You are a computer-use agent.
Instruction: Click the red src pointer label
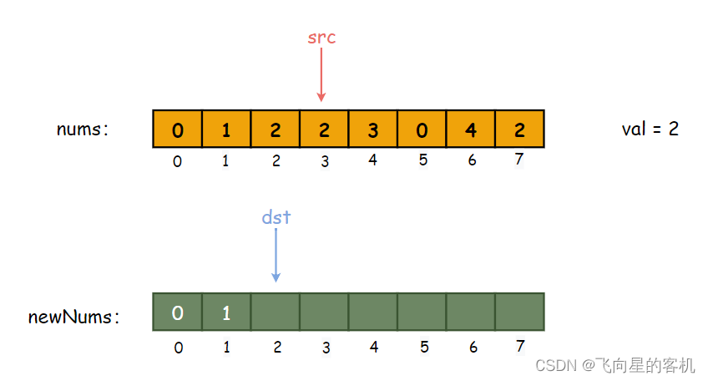pyautogui.click(x=321, y=38)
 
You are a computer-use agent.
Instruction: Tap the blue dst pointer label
pyautogui.click(x=276, y=217)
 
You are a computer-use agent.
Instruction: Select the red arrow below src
pyautogui.click(x=321, y=74)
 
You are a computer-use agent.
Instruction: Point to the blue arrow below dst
pyautogui.click(x=276, y=256)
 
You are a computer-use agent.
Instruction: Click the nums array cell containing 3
pyautogui.click(x=373, y=129)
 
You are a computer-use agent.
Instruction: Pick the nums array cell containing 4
pyautogui.click(x=471, y=129)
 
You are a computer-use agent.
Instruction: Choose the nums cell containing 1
pyautogui.click(x=226, y=129)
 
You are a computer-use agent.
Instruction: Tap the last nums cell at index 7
pyautogui.click(x=519, y=129)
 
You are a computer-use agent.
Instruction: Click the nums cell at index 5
pyautogui.click(x=422, y=129)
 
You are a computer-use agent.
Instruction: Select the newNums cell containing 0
pyautogui.click(x=178, y=312)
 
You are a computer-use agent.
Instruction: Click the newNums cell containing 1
pyautogui.click(x=226, y=312)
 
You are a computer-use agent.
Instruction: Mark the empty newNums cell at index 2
pyautogui.click(x=275, y=312)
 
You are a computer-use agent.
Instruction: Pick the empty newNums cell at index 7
pyautogui.click(x=519, y=312)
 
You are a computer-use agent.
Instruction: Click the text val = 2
pyautogui.click(x=650, y=130)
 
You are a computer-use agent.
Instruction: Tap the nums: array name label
pyautogui.click(x=83, y=130)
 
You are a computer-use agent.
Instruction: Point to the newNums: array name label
pyautogui.click(x=73, y=317)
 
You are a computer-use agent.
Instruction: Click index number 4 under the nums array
pyautogui.click(x=372, y=160)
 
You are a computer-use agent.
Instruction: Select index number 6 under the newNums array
pyautogui.click(x=473, y=347)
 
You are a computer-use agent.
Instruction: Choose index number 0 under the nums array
pyautogui.click(x=178, y=161)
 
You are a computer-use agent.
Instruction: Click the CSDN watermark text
pyautogui.click(x=615, y=365)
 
